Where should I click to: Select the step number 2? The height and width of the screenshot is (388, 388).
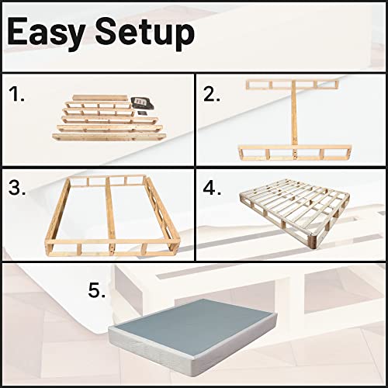coord(211,95)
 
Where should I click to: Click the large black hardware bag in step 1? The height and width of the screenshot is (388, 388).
coord(140,102)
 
